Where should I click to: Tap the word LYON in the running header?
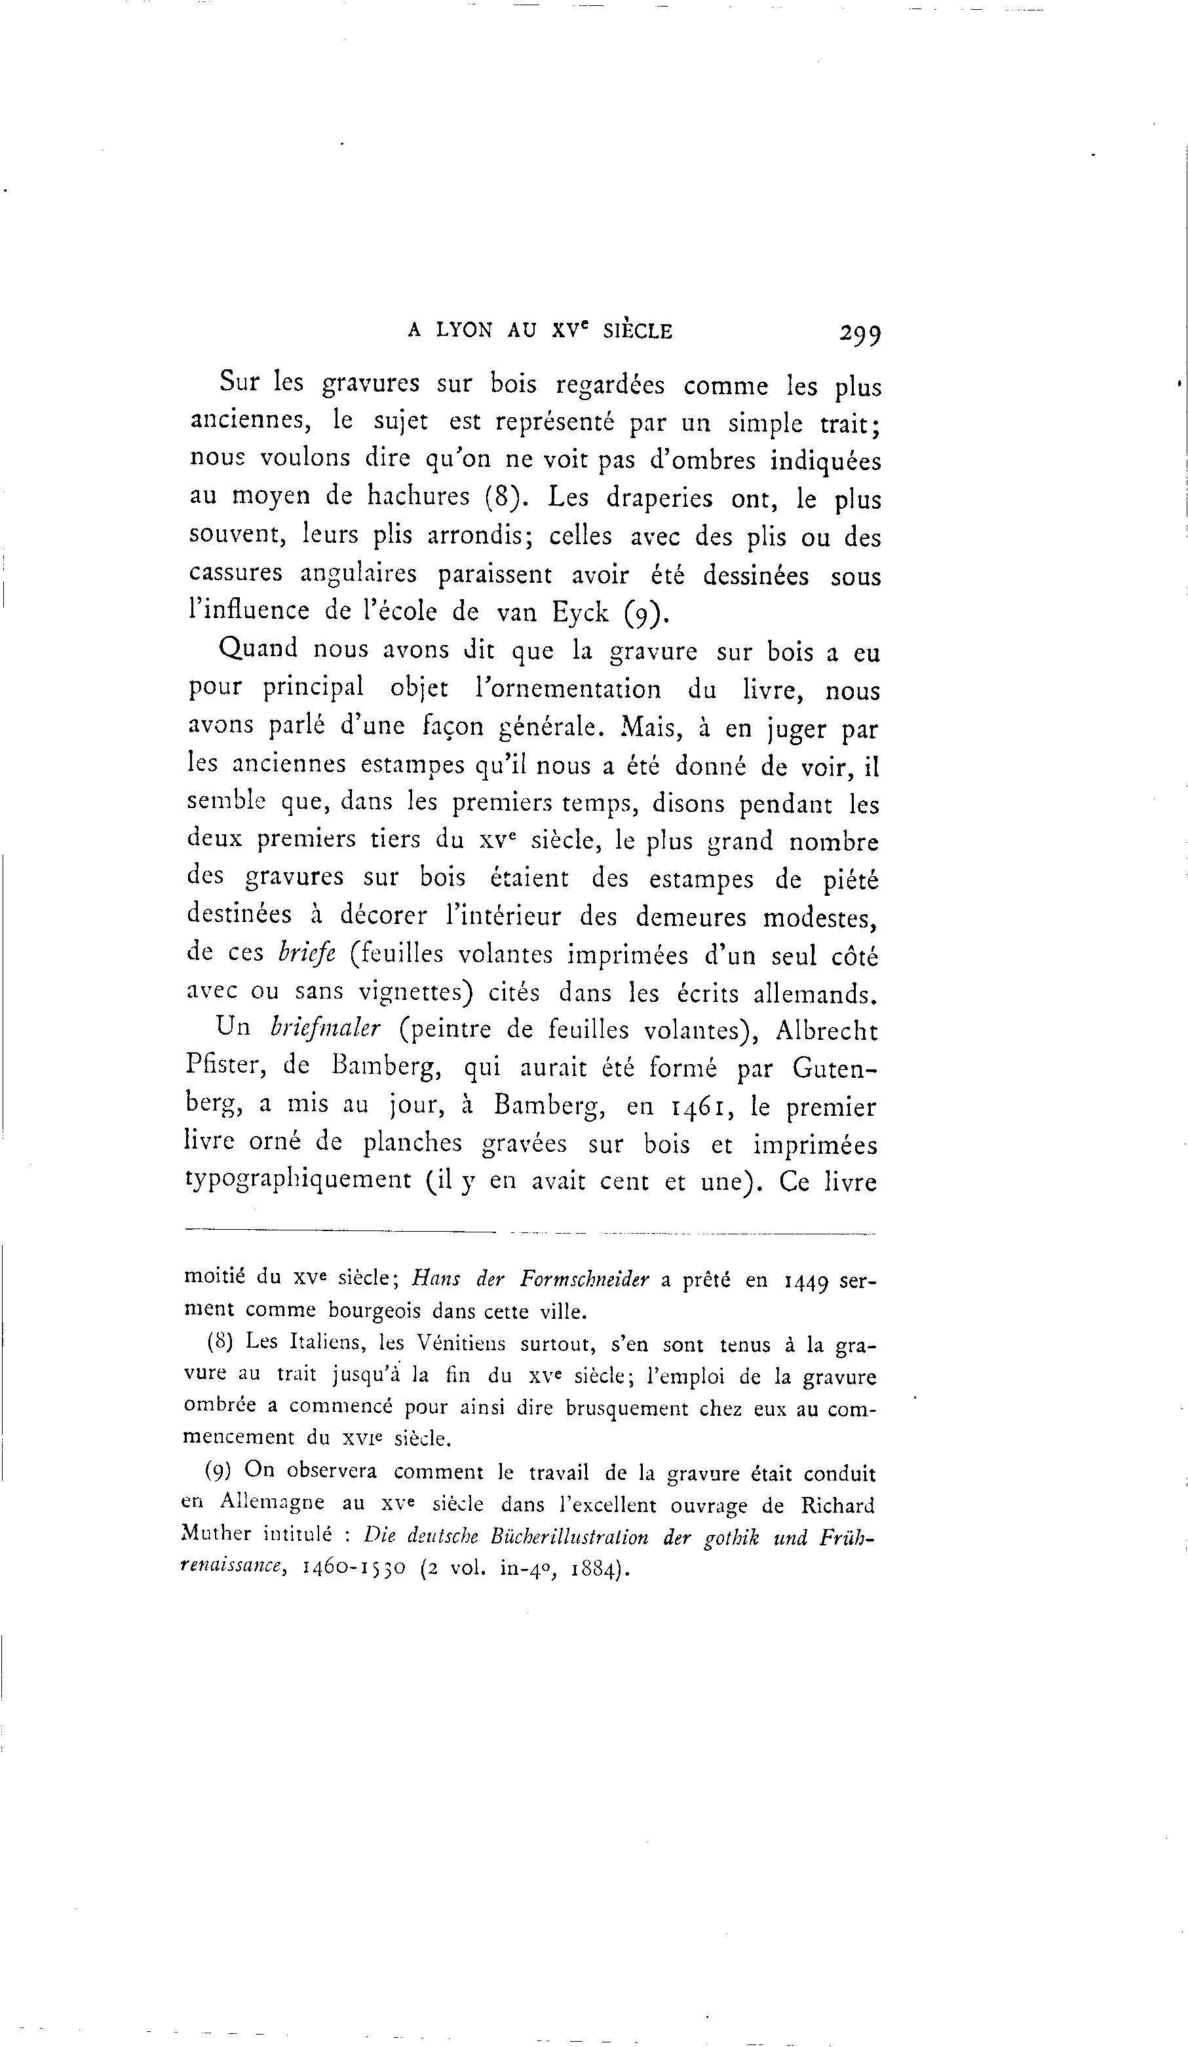coord(464,331)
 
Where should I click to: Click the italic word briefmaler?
coord(324,1028)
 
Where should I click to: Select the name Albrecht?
coord(826,1030)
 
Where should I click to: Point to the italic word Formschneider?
coord(583,1280)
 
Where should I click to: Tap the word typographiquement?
coord(298,1180)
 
